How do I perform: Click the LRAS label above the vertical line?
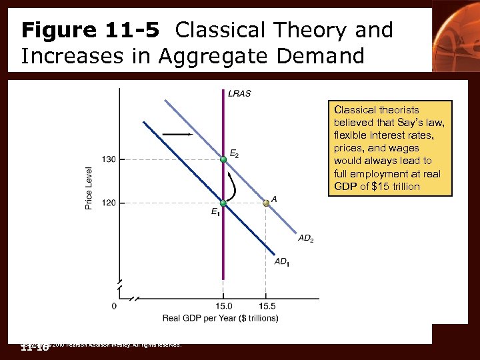click(239, 93)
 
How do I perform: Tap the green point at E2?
click(223, 159)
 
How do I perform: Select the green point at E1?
click(223, 203)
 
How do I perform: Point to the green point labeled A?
click(265, 203)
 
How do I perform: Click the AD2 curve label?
click(306, 237)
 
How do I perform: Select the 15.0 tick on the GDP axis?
click(223, 306)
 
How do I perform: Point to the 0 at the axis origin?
click(114, 306)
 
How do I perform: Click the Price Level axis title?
click(89, 188)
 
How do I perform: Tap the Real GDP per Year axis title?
click(220, 318)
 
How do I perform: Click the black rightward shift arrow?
click(177, 135)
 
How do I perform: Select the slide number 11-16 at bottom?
click(35, 347)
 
